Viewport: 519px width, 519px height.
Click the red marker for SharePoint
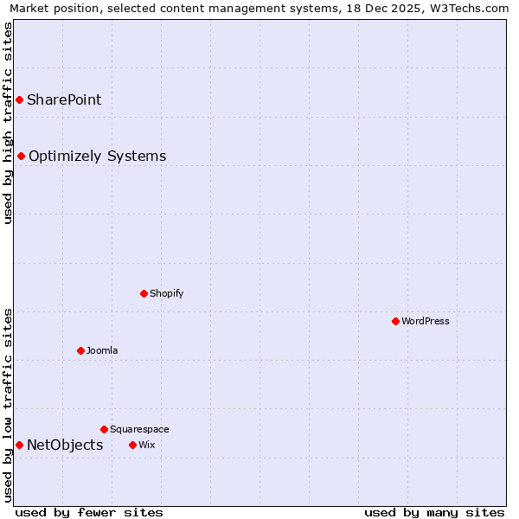pyautogui.click(x=19, y=99)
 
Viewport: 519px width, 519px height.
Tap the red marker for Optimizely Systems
pyautogui.click(x=21, y=156)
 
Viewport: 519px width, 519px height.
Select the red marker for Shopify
pyautogui.click(x=144, y=293)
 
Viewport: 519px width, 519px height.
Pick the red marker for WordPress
pyautogui.click(x=395, y=321)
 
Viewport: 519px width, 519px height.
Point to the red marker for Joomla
pyautogui.click(x=80, y=350)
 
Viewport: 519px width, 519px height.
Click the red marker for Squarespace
pyautogui.click(x=104, y=429)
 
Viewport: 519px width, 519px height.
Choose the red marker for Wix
pyautogui.click(x=132, y=445)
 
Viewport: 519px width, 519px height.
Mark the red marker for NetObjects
pyautogui.click(x=19, y=445)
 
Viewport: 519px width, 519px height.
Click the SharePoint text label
pyautogui.click(x=64, y=99)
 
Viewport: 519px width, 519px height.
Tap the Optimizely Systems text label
pyautogui.click(x=97, y=156)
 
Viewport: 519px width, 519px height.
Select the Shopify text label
pyautogui.click(x=167, y=293)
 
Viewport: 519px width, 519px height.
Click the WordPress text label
pyautogui.click(x=426, y=321)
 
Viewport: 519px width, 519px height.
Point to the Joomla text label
pyautogui.click(x=102, y=350)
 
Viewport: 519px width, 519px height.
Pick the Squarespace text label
pyautogui.click(x=139, y=429)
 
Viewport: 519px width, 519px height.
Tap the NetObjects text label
pyautogui.click(x=65, y=445)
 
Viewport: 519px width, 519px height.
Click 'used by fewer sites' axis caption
pyautogui.click(x=89, y=512)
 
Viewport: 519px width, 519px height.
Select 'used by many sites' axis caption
pyautogui.click(x=434, y=512)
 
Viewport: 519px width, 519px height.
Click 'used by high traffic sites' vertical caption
pyautogui.click(x=8, y=123)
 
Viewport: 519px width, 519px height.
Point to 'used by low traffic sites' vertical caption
pyautogui.click(x=8, y=405)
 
